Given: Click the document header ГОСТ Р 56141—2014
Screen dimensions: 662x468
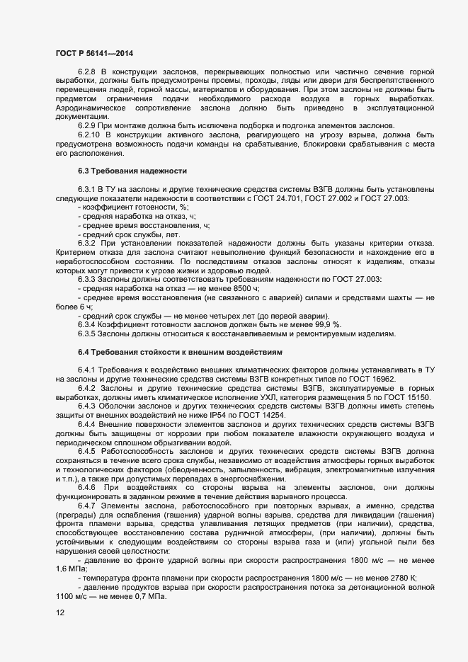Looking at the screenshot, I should point(93,53).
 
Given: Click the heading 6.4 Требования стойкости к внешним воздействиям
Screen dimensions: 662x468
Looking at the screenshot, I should point(180,351).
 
